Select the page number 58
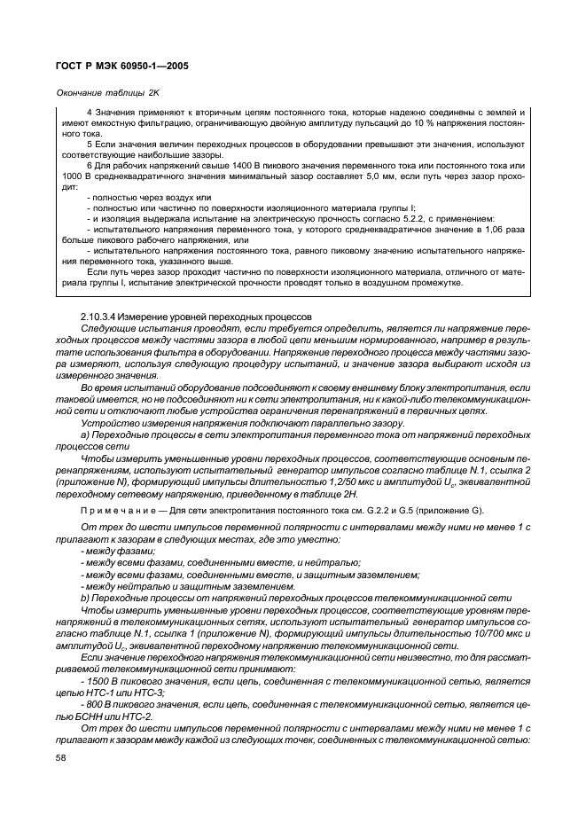coord(61,758)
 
